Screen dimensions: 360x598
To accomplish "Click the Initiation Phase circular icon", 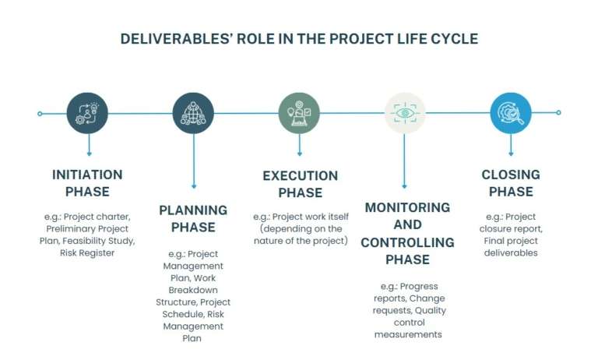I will (x=87, y=113).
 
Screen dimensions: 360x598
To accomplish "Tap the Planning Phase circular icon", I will (x=193, y=113).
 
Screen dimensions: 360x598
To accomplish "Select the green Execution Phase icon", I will (x=299, y=113).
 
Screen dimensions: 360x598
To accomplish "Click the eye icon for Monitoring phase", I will (x=405, y=113).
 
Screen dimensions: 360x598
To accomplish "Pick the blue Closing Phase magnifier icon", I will (x=511, y=113).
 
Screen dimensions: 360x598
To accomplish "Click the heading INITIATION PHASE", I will (x=87, y=183).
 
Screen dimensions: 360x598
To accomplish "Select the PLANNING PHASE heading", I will (x=193, y=218).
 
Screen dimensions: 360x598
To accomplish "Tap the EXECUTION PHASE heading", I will (x=300, y=184).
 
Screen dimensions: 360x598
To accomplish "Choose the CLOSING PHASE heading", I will (x=511, y=183).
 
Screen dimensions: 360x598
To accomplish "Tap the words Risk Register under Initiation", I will (x=87, y=253).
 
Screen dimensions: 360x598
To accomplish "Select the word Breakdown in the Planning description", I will (x=193, y=290).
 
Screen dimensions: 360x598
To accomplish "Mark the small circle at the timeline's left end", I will (x=40, y=113).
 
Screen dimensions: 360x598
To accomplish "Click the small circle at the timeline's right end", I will (x=558, y=113).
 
